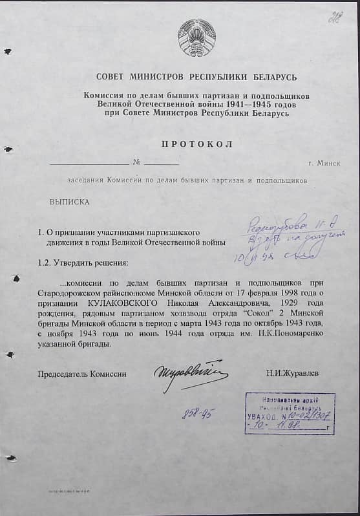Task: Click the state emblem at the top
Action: (196, 38)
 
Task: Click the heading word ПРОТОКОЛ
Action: (198, 144)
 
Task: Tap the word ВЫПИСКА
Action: (70, 202)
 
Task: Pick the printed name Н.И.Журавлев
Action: (291, 374)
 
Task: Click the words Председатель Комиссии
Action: (82, 374)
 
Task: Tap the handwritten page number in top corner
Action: (334, 17)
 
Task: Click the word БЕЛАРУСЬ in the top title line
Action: (272, 78)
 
